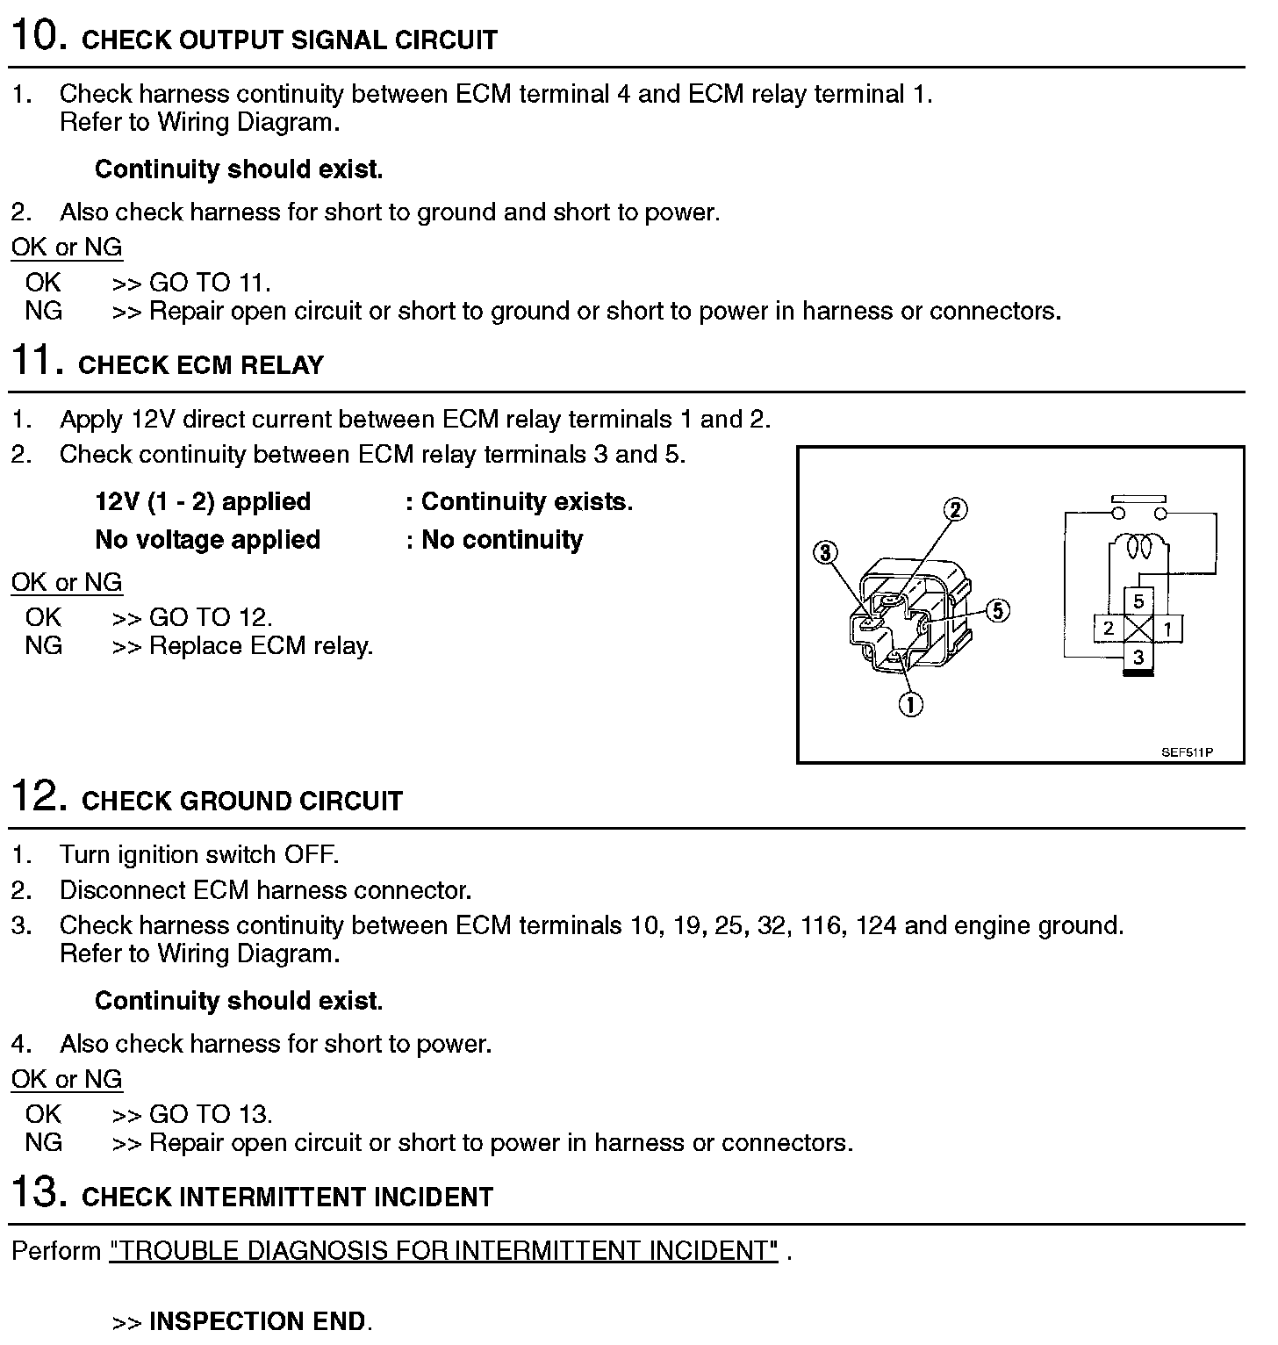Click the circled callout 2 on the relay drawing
point(955,509)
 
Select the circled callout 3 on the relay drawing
point(825,552)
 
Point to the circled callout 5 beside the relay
point(998,610)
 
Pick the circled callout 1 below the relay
point(911,703)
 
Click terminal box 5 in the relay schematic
point(1138,601)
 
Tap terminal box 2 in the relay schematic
point(1109,628)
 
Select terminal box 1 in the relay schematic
point(1167,628)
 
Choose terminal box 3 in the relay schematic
point(1138,657)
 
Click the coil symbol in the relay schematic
point(1138,547)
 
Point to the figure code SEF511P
point(1187,752)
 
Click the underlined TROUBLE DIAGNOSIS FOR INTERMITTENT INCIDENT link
point(443,1250)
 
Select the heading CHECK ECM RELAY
point(201,365)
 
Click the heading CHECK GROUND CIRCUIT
point(241,801)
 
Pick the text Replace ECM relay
point(261,646)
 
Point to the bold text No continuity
point(502,539)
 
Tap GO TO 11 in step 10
point(209,283)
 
